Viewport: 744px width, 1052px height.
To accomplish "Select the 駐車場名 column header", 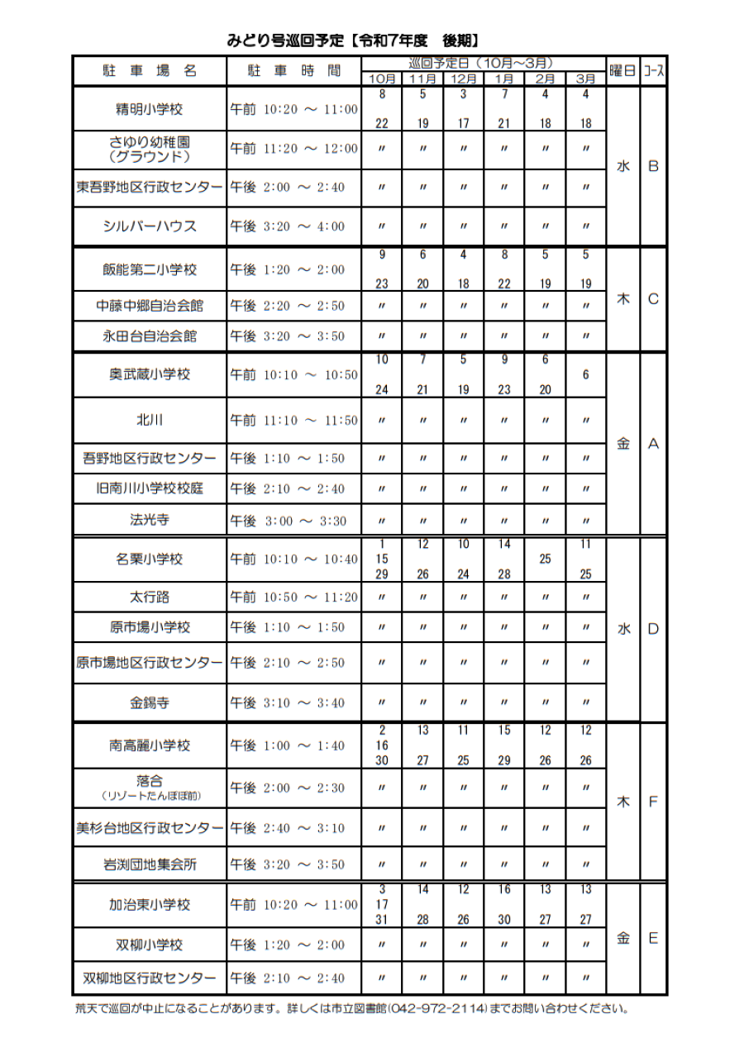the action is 150,71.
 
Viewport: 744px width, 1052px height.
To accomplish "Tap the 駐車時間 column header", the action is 293,71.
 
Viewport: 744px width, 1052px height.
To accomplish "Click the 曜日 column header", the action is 622,71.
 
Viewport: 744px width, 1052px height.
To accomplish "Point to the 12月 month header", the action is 463,79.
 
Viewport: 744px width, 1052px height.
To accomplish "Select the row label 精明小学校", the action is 150,108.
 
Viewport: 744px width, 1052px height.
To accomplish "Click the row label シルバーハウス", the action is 150,226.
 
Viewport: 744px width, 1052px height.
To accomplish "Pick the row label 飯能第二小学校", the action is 150,269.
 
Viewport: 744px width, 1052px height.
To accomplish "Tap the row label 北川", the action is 150,420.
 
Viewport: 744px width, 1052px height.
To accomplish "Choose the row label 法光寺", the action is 150,520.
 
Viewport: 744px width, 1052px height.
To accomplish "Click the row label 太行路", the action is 150,597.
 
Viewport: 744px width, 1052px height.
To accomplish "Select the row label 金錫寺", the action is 150,702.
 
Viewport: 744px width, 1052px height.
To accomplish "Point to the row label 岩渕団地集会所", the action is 150,864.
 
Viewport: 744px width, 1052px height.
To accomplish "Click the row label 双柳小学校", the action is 150,945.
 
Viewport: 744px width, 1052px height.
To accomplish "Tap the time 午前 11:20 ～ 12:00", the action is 293,149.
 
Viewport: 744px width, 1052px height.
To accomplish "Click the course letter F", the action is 653,802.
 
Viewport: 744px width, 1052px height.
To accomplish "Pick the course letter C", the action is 653,299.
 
